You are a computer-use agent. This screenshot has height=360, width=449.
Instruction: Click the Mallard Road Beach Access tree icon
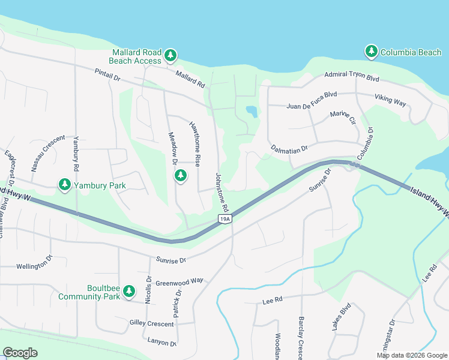(x=170, y=56)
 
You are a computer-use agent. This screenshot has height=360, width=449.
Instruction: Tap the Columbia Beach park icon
(x=372, y=52)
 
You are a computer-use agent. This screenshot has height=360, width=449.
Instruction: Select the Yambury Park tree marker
(x=65, y=185)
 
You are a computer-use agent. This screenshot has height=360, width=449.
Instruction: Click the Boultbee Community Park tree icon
(x=128, y=292)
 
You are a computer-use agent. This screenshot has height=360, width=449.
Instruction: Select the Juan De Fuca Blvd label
(x=312, y=99)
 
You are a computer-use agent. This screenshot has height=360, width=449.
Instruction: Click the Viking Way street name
(x=390, y=100)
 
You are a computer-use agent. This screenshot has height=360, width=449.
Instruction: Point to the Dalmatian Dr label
(x=289, y=148)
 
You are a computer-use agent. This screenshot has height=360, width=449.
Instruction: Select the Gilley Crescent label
(x=151, y=323)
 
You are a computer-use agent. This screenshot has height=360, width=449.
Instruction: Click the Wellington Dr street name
(x=35, y=266)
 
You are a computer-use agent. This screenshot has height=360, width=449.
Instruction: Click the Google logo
(x=20, y=353)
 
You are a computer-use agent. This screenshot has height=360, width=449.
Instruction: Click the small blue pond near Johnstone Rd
(x=252, y=111)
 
